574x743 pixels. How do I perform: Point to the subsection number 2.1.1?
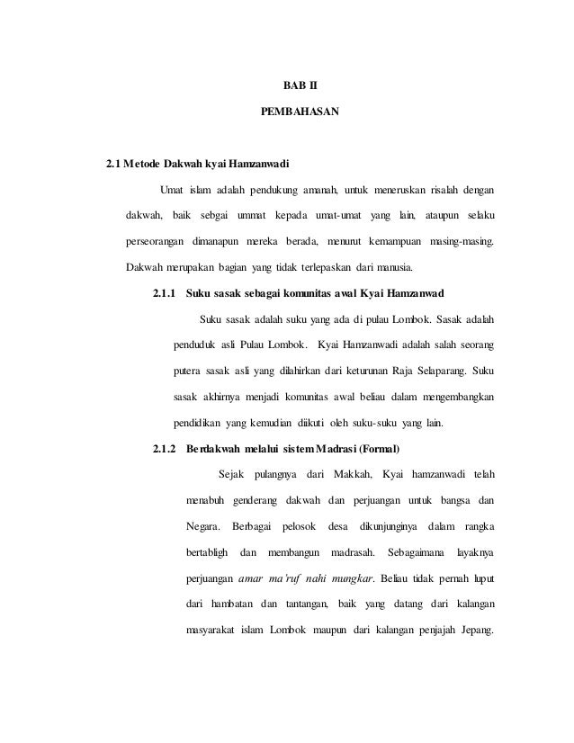click(163, 294)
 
